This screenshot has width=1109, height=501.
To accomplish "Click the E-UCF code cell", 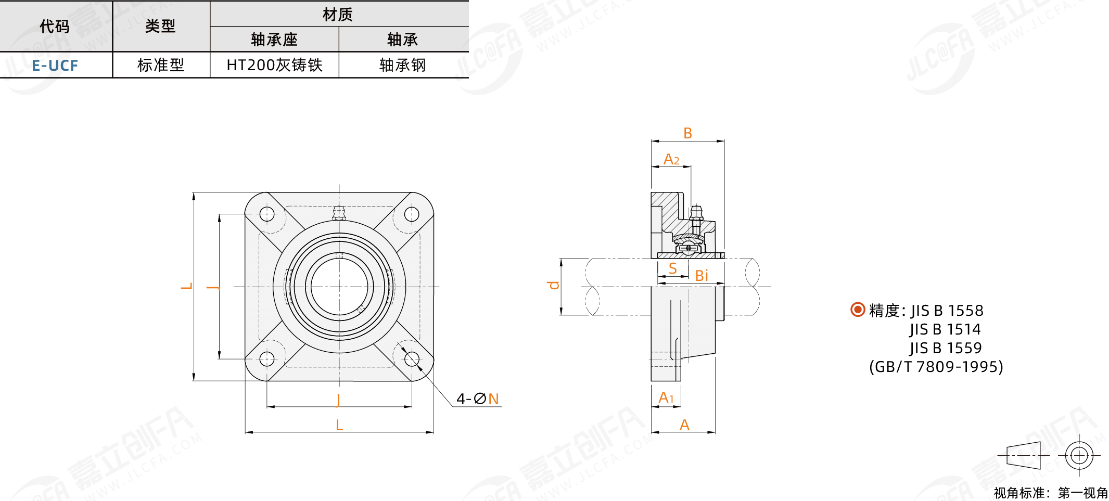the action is coord(55,66).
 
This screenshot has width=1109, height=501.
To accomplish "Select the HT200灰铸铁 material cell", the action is coord(274,65).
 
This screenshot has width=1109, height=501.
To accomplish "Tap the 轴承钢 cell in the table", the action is coord(403,65).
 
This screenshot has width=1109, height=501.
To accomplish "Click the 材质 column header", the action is coord(338,14).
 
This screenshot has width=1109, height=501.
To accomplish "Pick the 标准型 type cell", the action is coord(161,65).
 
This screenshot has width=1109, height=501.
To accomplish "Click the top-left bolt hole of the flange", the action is coord(267,214).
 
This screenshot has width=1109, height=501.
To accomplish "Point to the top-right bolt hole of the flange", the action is coord(412,214).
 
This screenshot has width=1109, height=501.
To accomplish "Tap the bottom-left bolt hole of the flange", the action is coord(267,359).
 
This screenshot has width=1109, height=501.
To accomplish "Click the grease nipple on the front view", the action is coord(339,213).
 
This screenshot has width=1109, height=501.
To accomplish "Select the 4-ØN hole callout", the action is coord(478,399).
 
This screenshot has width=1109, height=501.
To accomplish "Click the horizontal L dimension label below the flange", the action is coord(339,426).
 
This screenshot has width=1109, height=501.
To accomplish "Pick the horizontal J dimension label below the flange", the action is coord(338,400).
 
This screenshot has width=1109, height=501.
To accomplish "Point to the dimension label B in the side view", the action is coord(687,133).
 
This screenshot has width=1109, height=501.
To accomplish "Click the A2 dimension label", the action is coord(671,159).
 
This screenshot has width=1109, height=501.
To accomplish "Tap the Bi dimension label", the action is coord(702,276).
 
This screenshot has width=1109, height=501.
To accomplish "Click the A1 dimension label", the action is coord(666,397).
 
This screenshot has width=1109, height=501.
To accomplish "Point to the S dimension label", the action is coord(673,268).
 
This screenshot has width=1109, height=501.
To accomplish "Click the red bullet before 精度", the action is coord(858,310).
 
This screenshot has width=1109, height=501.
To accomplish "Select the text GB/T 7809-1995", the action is coord(936,367).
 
